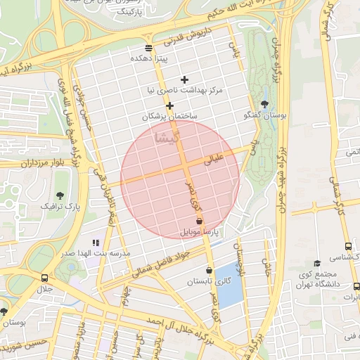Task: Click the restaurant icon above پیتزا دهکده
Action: click(148, 48)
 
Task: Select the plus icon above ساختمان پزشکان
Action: click(169, 105)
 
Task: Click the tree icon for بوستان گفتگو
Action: click(264, 103)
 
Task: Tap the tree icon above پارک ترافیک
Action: click(59, 195)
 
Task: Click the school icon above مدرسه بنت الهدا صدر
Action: click(96, 243)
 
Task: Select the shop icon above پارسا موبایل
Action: click(200, 221)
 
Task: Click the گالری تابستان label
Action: click(208, 281)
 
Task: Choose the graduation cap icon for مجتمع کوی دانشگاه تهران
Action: click(317, 263)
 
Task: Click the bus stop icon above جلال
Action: click(45, 278)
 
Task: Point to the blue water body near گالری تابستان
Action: click(229, 285)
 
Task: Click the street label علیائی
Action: click(213, 160)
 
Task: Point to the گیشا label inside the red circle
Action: click(171, 137)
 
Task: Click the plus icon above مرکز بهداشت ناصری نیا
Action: click(185, 79)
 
